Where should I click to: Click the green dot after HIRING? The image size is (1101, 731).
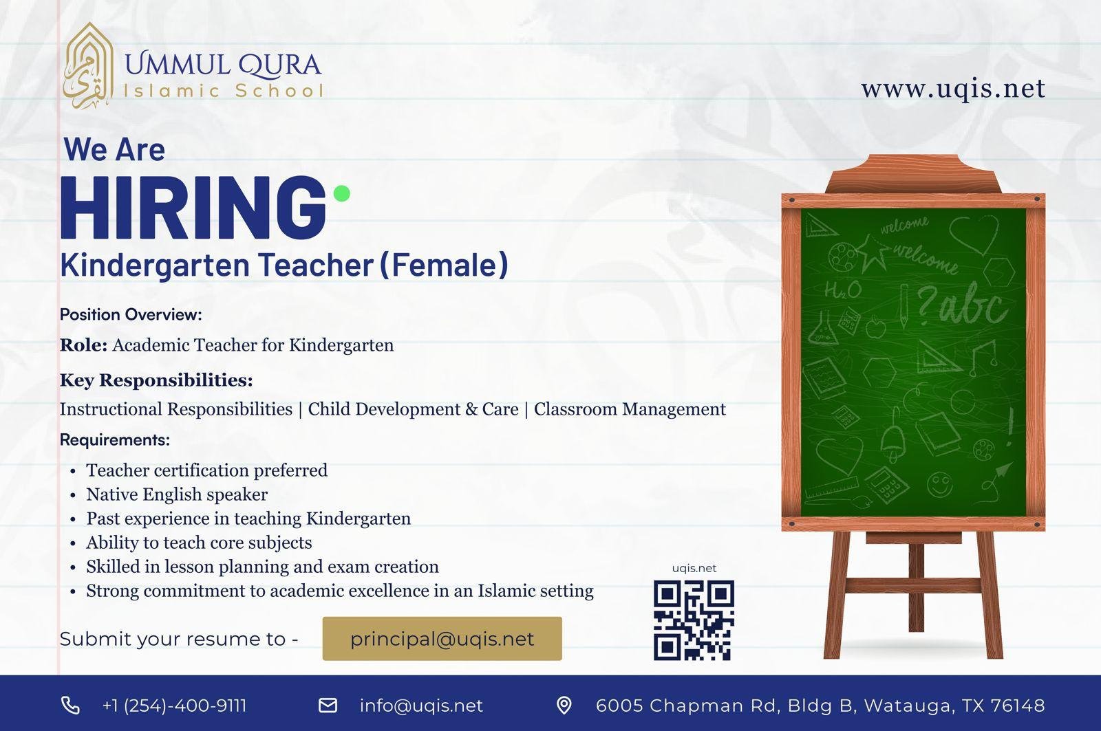341,193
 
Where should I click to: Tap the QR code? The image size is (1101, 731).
694,620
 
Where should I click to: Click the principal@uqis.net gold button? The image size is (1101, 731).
442,639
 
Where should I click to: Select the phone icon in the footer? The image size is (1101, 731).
70,706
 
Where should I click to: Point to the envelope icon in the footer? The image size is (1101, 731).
328,706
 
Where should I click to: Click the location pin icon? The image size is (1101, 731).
564,706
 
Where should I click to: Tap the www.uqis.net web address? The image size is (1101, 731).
953,89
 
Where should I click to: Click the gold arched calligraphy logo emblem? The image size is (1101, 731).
89,65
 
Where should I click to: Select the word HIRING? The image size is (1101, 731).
193,207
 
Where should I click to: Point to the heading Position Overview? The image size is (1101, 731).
131,314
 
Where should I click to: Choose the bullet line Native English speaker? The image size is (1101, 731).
177,494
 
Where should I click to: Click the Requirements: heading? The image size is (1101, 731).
115,439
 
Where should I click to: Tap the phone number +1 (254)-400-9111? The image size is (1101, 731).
175,706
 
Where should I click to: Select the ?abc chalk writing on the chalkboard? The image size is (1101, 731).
961,305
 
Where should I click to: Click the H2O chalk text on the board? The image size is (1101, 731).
842,290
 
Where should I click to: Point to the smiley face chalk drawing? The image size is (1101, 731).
940,484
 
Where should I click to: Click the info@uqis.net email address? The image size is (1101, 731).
421,706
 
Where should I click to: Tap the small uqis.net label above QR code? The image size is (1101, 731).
694,569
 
